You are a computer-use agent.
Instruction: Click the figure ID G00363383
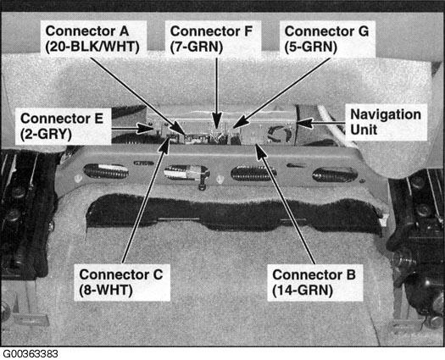[31, 352]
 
